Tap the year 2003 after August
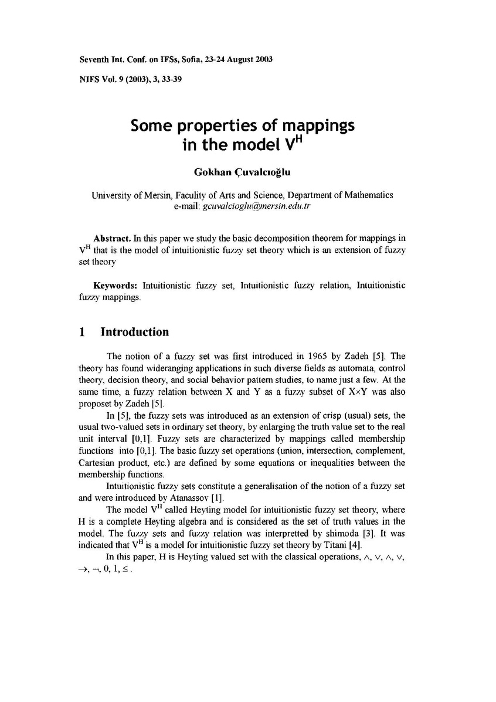[x=259, y=60]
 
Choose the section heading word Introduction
[x=135, y=333]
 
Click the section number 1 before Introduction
[x=82, y=333]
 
